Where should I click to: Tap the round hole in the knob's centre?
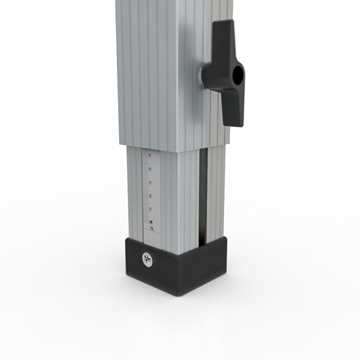click(x=236, y=74)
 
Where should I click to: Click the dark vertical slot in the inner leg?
click(x=202, y=195)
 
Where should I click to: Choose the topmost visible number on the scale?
click(x=151, y=156)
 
